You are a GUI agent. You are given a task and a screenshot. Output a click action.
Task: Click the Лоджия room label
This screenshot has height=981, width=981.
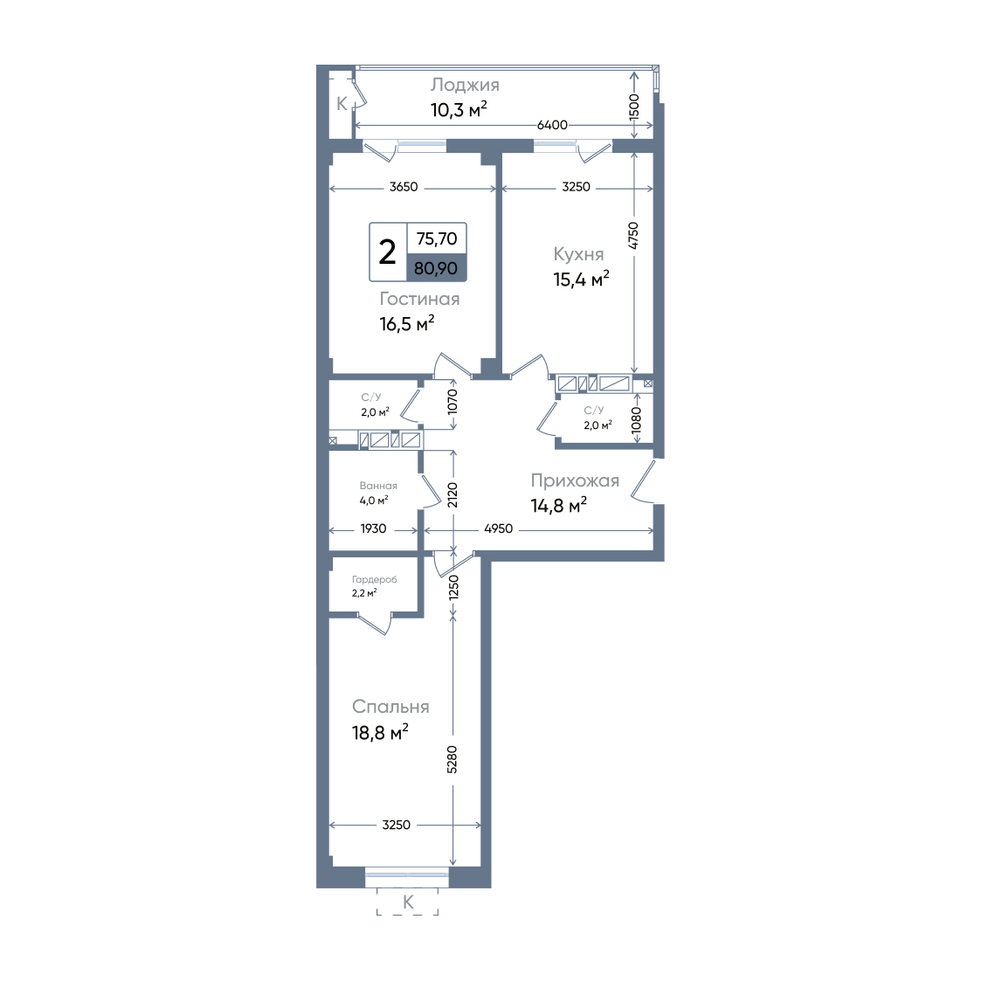point(464,86)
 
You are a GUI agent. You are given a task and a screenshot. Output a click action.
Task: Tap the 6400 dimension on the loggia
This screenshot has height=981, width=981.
point(552,125)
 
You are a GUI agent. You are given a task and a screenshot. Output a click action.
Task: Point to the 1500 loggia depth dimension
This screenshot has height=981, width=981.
point(634,107)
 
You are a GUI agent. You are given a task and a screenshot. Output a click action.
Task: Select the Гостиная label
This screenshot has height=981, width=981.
point(419,299)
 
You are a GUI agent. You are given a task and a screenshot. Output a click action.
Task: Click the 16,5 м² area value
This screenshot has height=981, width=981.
point(407,323)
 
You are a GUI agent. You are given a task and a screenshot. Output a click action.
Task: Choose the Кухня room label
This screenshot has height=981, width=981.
point(578,254)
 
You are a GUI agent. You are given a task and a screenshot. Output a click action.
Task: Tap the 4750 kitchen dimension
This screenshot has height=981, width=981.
point(633,236)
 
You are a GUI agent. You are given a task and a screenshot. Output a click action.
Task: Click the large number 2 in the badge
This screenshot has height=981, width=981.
point(387,252)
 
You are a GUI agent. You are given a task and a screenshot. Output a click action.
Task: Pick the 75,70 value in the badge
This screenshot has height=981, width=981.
point(437,238)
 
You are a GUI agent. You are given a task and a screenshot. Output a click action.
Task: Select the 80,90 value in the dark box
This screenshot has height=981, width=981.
point(436,268)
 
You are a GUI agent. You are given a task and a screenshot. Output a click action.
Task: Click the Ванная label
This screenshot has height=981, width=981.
point(378,486)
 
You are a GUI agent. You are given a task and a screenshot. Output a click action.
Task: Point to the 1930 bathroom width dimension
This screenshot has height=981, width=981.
point(373,528)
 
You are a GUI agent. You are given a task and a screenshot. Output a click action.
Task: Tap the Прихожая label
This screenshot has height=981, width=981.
point(575,480)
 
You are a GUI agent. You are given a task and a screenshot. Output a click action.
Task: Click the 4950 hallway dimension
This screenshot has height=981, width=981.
point(499,528)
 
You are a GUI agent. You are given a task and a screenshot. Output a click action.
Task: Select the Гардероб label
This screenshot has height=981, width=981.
point(374,580)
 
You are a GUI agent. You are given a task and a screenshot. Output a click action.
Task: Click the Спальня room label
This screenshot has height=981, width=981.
point(390,707)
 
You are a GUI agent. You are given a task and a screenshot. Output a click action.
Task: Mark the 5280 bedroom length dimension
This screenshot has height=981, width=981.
point(453,759)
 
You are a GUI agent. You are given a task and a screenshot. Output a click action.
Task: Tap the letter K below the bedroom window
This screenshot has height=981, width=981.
point(408,902)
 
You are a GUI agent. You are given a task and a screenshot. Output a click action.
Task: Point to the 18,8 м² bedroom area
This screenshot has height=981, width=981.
point(380,731)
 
